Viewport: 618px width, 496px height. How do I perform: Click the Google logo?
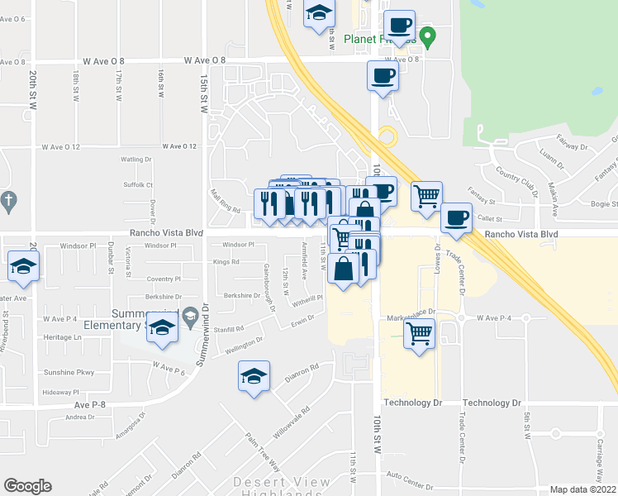pos(27,486)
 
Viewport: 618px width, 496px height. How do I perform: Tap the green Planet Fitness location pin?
pos(427,36)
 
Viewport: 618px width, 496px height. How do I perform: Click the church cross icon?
pos(8,200)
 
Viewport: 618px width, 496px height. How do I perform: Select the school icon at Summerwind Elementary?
pos(164,328)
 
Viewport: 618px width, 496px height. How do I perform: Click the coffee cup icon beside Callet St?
pos(456,218)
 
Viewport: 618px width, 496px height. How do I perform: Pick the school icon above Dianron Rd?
pos(254,376)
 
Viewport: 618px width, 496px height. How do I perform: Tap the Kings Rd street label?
pos(226,262)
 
